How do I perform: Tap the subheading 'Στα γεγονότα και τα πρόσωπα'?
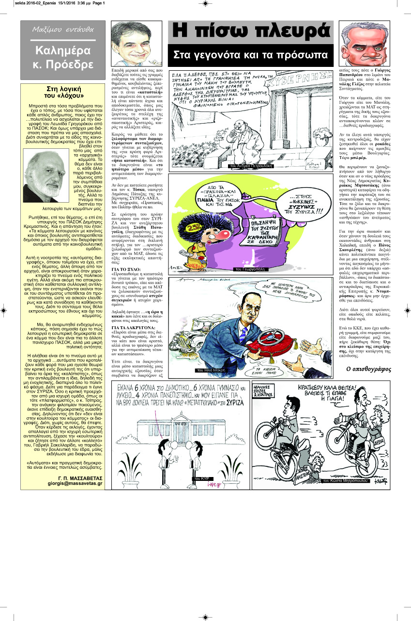click(x=251, y=55)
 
